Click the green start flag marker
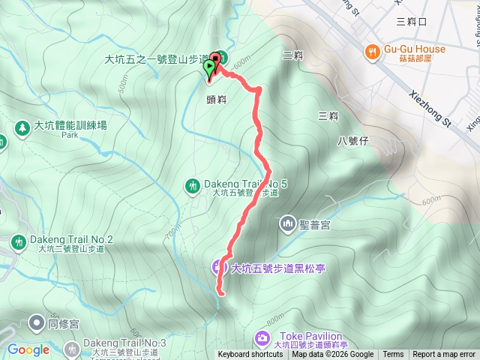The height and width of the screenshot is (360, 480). [x=209, y=69]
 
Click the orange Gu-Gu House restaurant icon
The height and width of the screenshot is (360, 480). [x=373, y=51]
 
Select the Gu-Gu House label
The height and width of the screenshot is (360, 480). [x=415, y=49]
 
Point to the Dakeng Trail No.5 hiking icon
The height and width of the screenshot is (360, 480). [x=193, y=184]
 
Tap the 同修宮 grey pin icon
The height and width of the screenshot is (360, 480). [x=36, y=323]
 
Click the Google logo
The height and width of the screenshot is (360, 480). [x=28, y=349]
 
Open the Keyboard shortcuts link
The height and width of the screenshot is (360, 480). [x=250, y=355]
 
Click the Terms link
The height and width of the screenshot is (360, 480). [x=393, y=355]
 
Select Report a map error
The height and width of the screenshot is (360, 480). [x=444, y=355]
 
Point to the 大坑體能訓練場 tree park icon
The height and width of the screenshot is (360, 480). [x=22, y=127]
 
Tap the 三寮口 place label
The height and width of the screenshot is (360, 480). [x=411, y=22]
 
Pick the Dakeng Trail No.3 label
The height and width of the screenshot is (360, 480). [x=121, y=342]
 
